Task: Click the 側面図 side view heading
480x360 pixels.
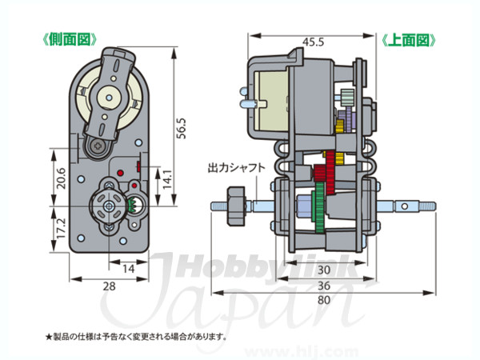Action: pyautogui.click(x=70, y=40)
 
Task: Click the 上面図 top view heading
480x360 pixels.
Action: pyautogui.click(x=409, y=40)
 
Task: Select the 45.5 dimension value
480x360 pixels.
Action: pyautogui.click(x=313, y=42)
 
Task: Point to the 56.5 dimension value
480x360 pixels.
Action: pyautogui.click(x=182, y=128)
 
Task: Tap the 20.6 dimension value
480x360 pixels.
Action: pyautogui.click(x=62, y=178)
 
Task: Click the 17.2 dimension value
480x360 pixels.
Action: pyautogui.click(x=62, y=228)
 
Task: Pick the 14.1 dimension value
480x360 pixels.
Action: pyautogui.click(x=167, y=179)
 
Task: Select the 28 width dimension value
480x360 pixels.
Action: pyautogui.click(x=110, y=286)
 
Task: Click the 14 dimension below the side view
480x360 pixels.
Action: pyautogui.click(x=128, y=269)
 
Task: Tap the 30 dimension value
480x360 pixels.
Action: pyautogui.click(x=324, y=270)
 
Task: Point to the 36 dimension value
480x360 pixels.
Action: pyautogui.click(x=324, y=286)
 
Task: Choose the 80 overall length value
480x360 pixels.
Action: pyautogui.click(x=324, y=300)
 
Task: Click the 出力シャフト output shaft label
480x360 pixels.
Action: pyautogui.click(x=236, y=168)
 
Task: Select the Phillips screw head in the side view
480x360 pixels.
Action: pyautogui.click(x=98, y=146)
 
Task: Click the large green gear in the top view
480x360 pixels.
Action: pyautogui.click(x=319, y=208)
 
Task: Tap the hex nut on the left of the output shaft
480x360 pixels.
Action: pyautogui.click(x=236, y=206)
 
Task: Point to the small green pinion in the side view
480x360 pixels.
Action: pyautogui.click(x=134, y=205)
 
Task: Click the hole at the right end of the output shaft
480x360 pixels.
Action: pyautogui.click(x=405, y=206)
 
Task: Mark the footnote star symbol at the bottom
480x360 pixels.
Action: pyautogui.click(x=49, y=337)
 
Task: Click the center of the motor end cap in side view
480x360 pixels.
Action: pyautogui.click(x=110, y=98)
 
